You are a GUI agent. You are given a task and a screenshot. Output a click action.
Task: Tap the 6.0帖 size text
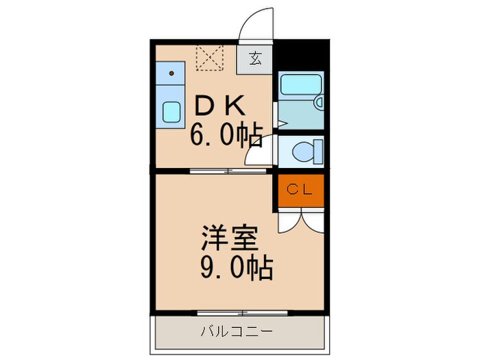click(226, 137)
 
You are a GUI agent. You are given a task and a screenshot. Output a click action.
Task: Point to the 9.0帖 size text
click(236, 267)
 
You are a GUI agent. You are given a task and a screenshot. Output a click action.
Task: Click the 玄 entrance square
click(254, 58)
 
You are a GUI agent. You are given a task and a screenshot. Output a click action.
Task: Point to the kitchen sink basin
click(171, 110)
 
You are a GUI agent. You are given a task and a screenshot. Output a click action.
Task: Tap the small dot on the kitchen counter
click(172, 71)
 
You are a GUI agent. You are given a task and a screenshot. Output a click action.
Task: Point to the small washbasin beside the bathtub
click(318, 102)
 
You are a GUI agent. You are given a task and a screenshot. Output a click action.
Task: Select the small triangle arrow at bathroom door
click(280, 124)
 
